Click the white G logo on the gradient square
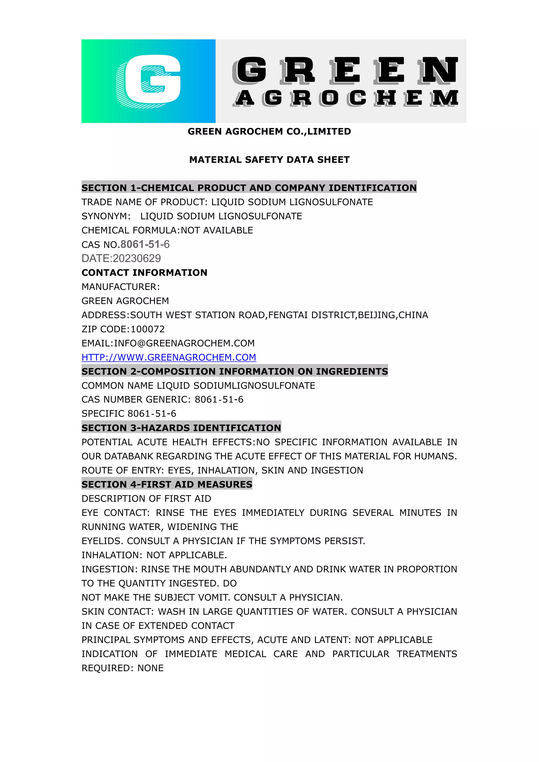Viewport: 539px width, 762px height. [x=148, y=81]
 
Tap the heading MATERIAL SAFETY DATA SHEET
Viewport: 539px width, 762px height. [x=269, y=160]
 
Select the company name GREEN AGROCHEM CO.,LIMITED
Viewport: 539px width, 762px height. [x=269, y=131]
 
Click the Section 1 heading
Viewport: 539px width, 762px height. [x=249, y=188]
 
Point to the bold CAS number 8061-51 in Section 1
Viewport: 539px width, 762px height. [x=140, y=244]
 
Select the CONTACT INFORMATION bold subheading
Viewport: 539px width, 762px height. [x=144, y=273]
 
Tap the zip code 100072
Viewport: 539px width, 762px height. [x=148, y=329]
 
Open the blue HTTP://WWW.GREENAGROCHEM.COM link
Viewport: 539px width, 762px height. [x=169, y=357]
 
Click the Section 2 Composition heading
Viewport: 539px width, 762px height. [x=235, y=371]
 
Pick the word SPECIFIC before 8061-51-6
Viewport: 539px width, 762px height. [x=103, y=414]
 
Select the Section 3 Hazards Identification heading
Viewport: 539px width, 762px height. [x=181, y=428]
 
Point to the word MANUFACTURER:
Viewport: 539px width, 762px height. [x=121, y=287]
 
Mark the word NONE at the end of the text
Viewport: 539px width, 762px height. [x=151, y=668]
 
